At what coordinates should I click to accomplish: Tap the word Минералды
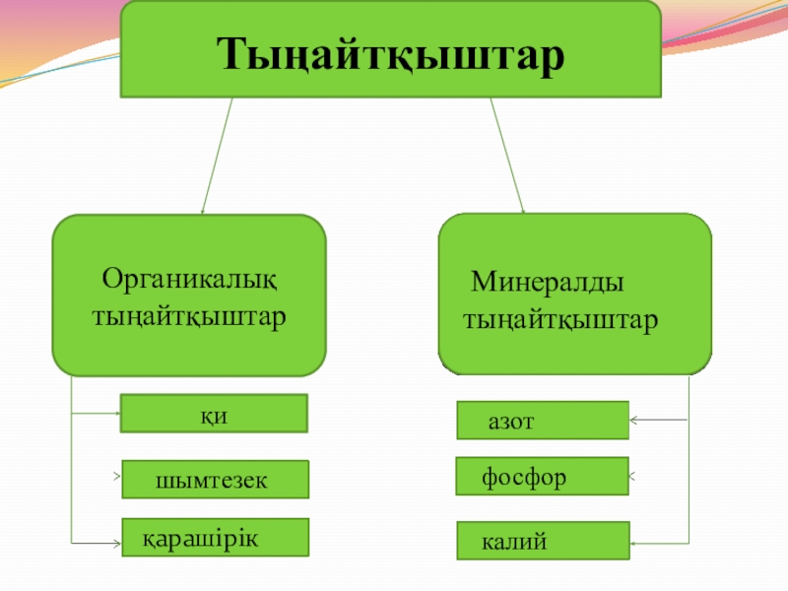tap(547, 282)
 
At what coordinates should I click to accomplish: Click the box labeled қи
tap(214, 414)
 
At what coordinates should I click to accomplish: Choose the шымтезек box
tap(214, 479)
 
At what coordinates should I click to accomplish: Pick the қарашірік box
tap(214, 538)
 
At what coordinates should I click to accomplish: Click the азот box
tap(542, 420)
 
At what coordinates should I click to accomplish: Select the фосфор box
tap(542, 476)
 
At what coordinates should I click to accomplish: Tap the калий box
tap(542, 542)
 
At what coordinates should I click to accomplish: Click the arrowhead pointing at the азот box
tap(634, 421)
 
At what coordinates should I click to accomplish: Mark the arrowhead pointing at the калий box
tap(634, 542)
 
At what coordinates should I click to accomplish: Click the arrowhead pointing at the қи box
tap(114, 414)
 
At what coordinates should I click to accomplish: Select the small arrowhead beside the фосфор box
tap(632, 476)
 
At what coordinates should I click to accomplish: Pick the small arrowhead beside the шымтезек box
tap(117, 478)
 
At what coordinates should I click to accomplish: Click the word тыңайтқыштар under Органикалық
tap(189, 318)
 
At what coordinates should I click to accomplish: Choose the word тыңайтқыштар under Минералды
tap(561, 321)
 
